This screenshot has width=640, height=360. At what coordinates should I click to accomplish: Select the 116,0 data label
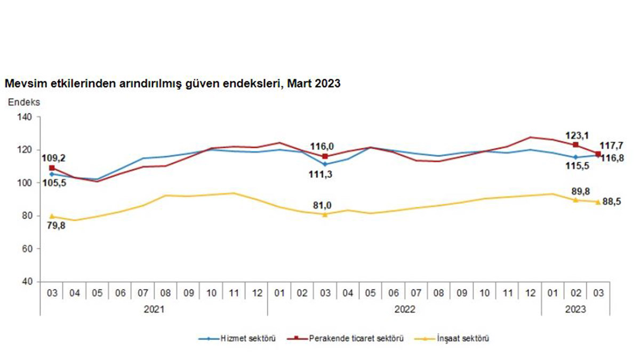325,145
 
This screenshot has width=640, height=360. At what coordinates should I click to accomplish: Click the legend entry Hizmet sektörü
248,338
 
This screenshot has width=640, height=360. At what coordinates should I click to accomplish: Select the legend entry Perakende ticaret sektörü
356,338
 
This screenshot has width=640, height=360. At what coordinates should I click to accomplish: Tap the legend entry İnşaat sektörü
462,338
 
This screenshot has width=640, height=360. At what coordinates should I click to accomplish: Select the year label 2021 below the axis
154,309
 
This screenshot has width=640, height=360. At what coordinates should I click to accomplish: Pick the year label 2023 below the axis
575,309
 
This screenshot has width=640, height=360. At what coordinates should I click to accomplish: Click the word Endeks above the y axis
23,101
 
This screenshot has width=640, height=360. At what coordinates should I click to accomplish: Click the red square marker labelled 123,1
575,145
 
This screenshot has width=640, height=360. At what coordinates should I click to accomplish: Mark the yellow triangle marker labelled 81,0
325,214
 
